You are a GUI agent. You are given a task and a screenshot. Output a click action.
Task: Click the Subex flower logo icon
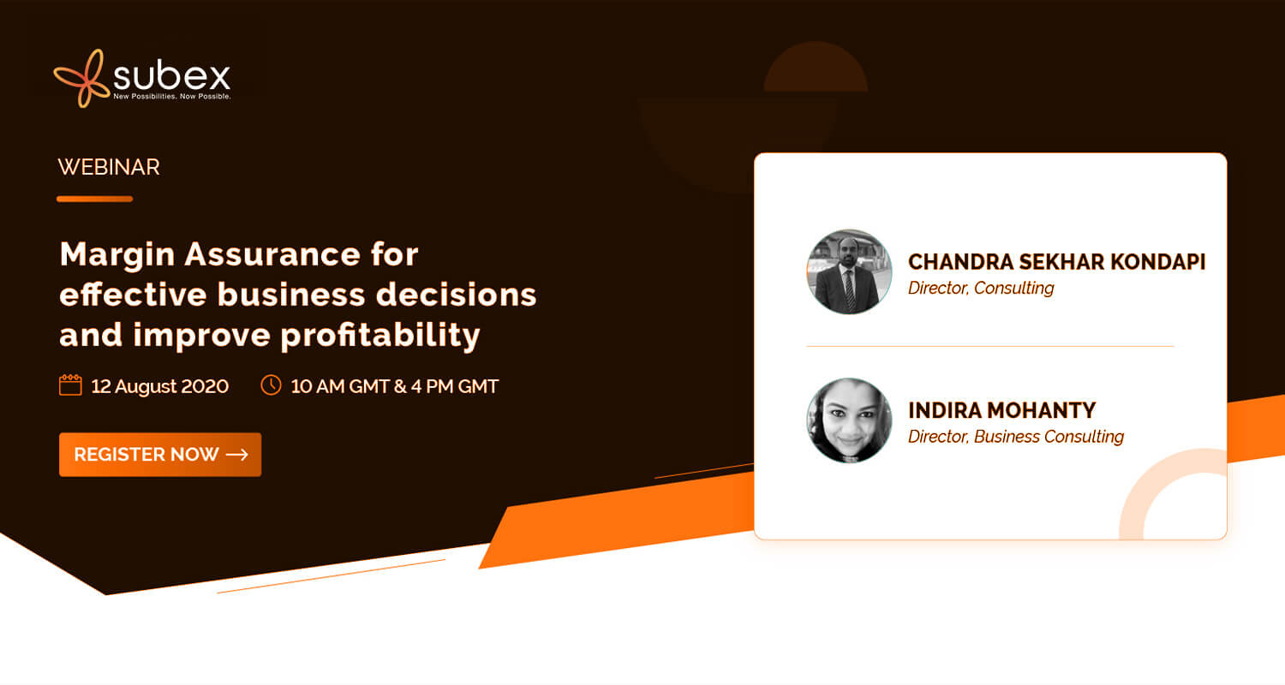point(81,79)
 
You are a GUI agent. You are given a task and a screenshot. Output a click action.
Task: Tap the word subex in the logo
point(171,75)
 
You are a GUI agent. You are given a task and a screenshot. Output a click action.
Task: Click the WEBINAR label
point(109,167)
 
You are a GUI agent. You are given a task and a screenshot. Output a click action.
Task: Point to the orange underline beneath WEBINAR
point(94,199)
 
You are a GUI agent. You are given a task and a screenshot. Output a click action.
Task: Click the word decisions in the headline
point(456,295)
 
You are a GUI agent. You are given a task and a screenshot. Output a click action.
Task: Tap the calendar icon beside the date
point(70,384)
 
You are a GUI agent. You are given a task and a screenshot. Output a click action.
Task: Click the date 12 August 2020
point(160,386)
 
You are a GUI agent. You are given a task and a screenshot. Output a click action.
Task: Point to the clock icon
point(271,384)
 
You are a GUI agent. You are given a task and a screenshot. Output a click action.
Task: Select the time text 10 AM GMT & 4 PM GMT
point(395,386)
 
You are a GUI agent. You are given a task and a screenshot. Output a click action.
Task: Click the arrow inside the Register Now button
point(237,455)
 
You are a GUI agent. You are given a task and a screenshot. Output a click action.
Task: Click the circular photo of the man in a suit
point(849,271)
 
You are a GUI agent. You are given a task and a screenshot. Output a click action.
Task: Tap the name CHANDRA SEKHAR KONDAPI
point(1056,262)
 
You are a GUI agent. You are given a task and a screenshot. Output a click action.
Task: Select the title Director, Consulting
point(981,288)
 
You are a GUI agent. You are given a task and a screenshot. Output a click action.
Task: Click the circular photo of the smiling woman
point(849,420)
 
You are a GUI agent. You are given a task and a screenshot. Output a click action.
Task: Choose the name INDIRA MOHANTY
point(1002,410)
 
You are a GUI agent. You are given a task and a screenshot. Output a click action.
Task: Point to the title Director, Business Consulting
point(1016,437)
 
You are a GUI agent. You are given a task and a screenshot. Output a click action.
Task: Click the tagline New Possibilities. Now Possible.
point(172,96)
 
